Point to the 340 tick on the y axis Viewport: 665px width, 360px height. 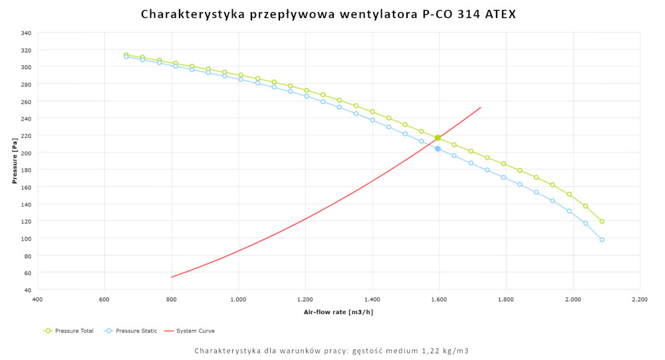(x=25, y=33)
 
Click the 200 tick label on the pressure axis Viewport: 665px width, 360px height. (x=25, y=152)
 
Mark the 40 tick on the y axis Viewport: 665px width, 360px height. (x=27, y=290)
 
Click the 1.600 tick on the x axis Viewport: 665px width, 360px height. (x=439, y=300)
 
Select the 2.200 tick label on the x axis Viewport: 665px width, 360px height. (x=640, y=300)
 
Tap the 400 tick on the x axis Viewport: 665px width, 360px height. (x=37, y=300)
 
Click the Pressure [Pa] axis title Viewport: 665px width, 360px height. (x=14, y=161)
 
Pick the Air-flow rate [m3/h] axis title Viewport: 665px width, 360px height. (x=338, y=311)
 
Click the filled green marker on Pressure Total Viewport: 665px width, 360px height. (x=438, y=138)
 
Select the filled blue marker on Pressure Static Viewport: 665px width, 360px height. (x=438, y=148)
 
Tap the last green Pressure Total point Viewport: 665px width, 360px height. (x=602, y=222)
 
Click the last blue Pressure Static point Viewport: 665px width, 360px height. (x=602, y=240)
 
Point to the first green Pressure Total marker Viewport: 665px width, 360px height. (x=126, y=55)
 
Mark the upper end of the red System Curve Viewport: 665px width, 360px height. (x=481, y=107)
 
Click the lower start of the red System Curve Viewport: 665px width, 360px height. (x=172, y=277)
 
